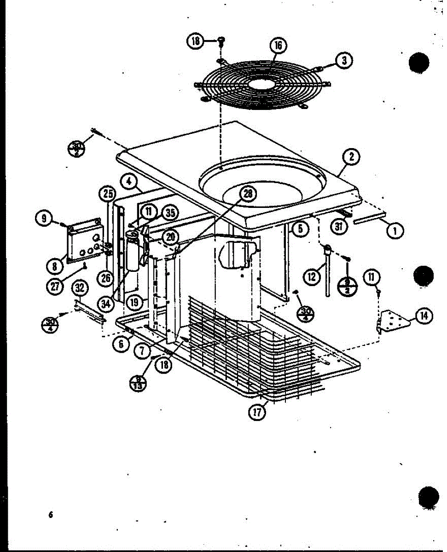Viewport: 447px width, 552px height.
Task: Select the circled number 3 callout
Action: coord(343,60)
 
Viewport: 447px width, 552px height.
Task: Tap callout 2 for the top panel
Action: coord(351,157)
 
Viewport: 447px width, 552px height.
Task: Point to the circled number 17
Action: coord(257,413)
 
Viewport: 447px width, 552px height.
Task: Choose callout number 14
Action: coord(424,316)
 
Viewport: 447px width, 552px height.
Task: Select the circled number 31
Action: coord(340,227)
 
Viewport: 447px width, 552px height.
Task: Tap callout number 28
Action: coord(248,195)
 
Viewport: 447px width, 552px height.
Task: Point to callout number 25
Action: coord(108,194)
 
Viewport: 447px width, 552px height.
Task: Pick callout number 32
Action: coord(80,288)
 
